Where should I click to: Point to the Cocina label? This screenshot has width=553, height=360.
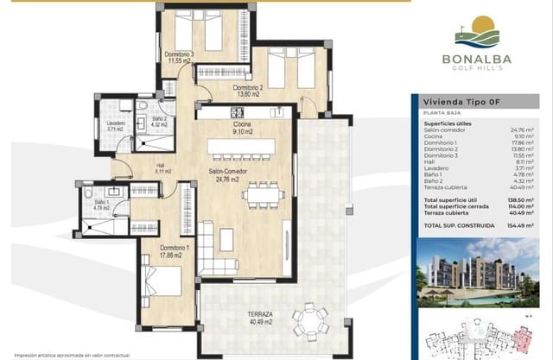[241, 129]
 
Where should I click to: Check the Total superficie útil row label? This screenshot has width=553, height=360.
[453, 199]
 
